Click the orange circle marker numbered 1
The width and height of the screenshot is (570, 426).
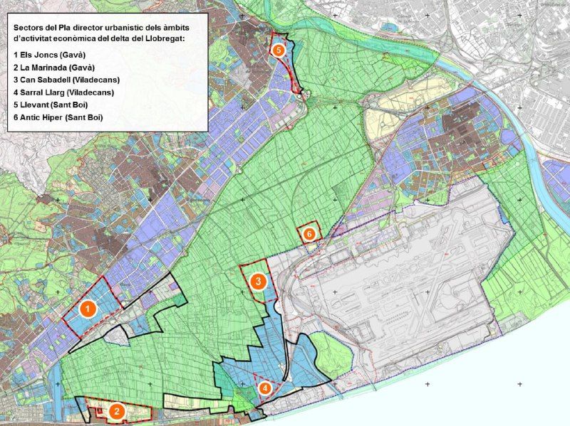pos(87,309)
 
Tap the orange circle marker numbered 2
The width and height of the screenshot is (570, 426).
pos(118,410)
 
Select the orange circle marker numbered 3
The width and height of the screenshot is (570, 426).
pos(259,282)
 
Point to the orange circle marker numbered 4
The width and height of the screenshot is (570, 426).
pos(265,388)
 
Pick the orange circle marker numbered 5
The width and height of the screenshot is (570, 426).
pos(278,50)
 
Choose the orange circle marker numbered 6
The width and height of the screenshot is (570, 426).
pos(309,233)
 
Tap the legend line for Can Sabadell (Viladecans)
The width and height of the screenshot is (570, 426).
pos(66,80)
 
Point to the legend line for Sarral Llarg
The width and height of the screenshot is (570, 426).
pos(63,92)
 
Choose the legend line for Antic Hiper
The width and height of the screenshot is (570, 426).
pos(58,117)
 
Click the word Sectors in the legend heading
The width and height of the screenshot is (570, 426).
pos(29,26)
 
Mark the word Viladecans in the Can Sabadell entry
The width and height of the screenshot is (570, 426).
pos(94,80)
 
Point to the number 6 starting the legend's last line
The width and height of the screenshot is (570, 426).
pos(16,117)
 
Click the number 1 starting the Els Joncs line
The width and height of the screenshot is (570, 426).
pos(16,55)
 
